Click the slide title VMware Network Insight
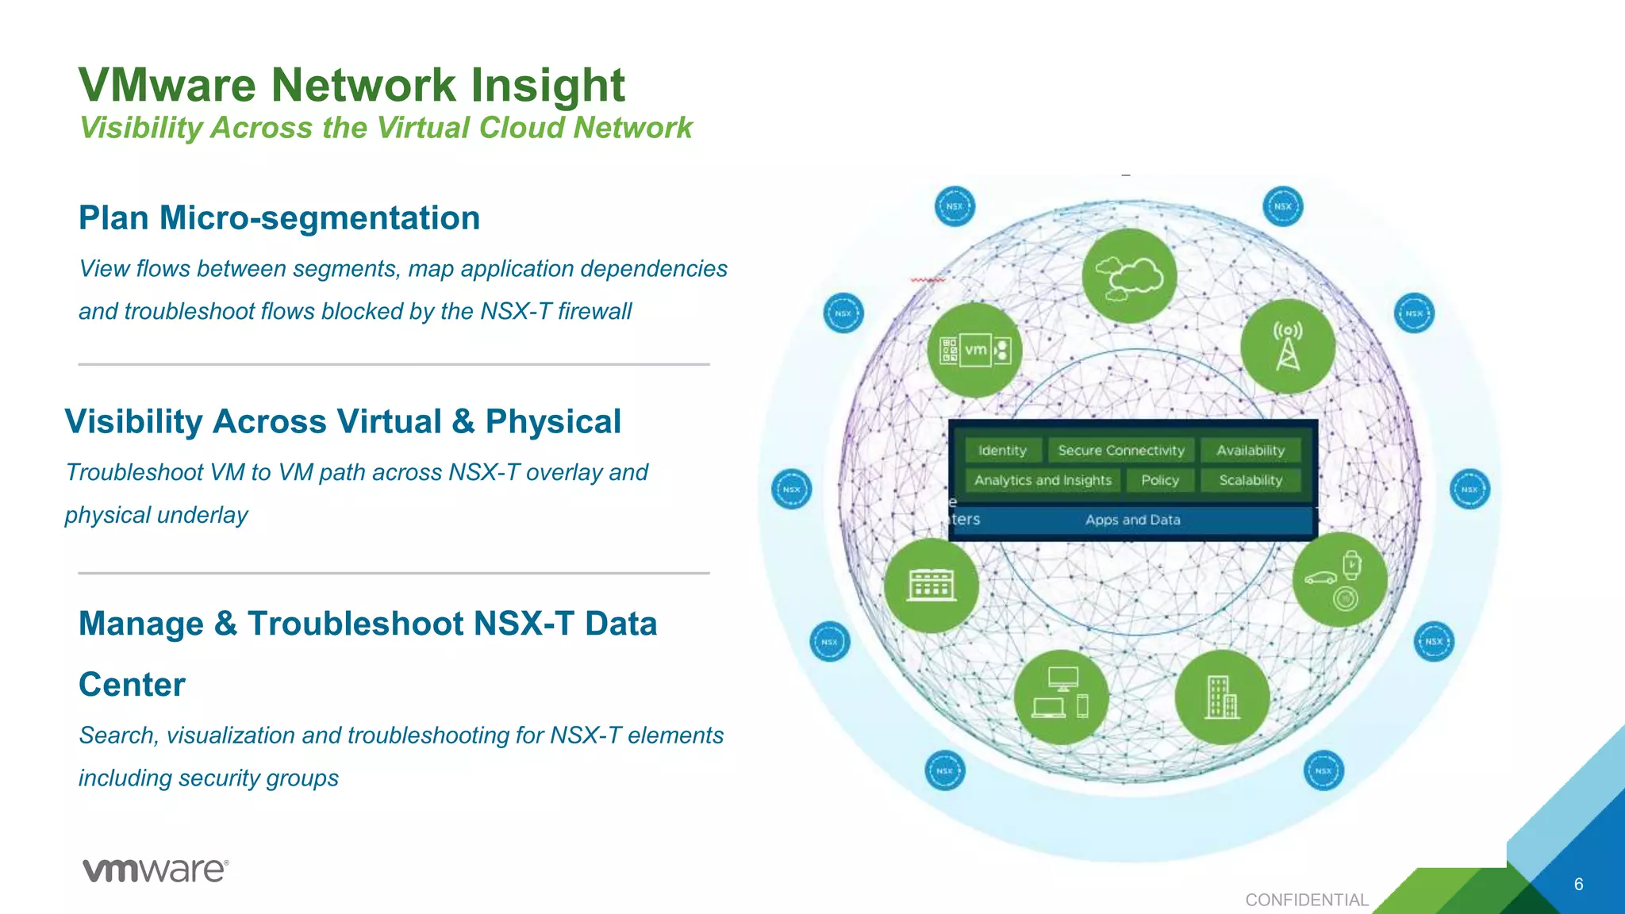tap(352, 85)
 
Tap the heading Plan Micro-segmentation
tap(279, 218)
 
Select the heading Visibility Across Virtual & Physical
tap(343, 421)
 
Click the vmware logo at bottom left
tap(156, 870)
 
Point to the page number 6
tap(1578, 884)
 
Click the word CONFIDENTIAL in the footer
tap(1306, 900)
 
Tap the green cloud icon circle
tap(1129, 275)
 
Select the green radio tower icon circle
tap(1287, 347)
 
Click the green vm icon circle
tap(974, 350)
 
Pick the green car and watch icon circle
tap(1339, 580)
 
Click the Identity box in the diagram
tap(1002, 451)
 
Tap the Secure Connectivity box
tap(1120, 451)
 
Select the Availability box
tap(1250, 451)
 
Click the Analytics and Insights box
tap(1043, 480)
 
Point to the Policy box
tap(1160, 480)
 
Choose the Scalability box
tap(1250, 480)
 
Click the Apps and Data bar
tap(1132, 520)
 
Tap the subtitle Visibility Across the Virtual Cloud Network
tap(386, 128)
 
